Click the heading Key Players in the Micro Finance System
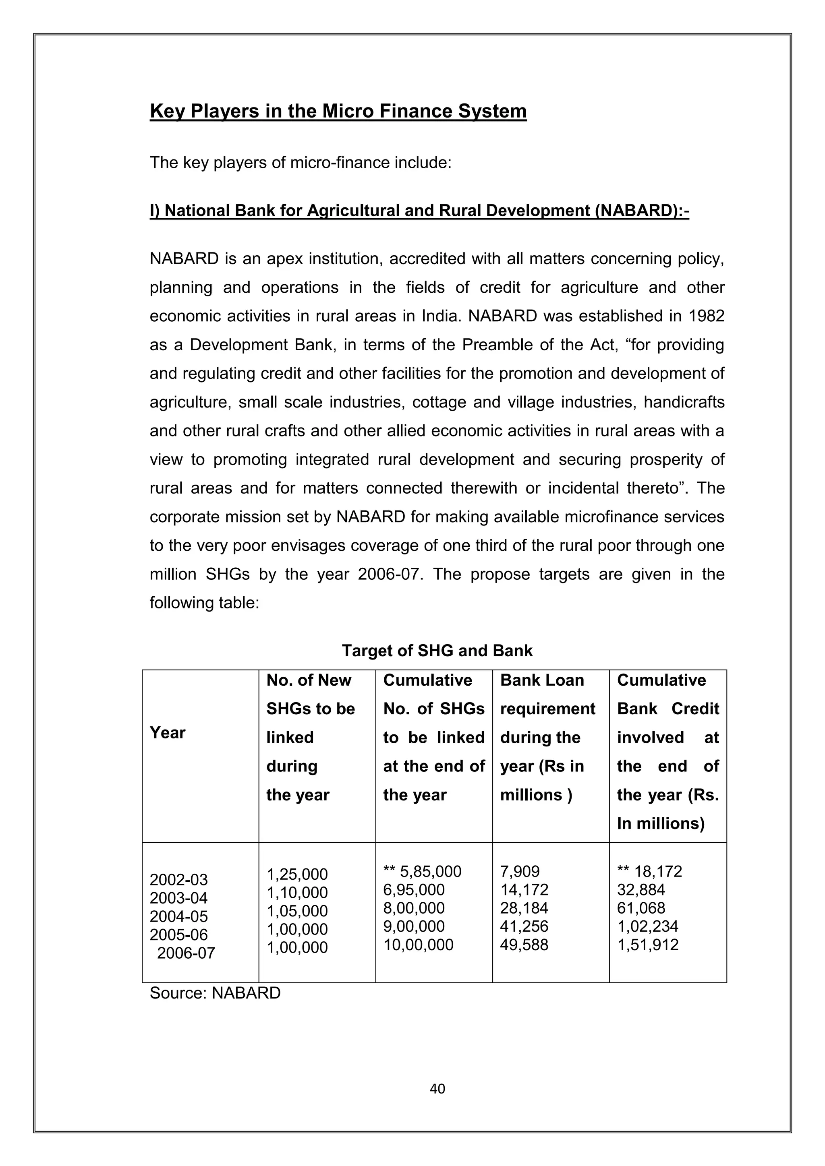pos(338,111)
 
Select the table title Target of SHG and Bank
pos(437,651)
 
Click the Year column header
pos(168,733)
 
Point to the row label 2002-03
pos(179,880)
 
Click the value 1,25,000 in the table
pos(297,874)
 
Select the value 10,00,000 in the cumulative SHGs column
pos(418,945)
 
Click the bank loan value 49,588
pos(524,945)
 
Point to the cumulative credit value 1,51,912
pos(648,945)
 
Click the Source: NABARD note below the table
pos(215,993)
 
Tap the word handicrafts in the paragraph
pos(684,403)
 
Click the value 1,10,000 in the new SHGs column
pos(297,892)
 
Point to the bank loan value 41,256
pos(524,926)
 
